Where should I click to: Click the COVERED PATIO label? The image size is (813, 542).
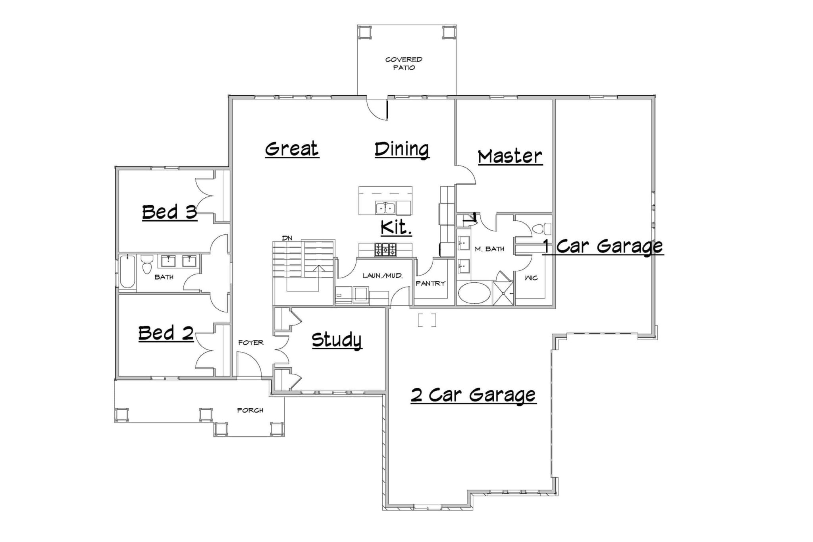click(x=404, y=64)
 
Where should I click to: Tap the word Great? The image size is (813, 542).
click(x=292, y=149)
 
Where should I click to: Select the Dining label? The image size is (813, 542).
click(x=402, y=150)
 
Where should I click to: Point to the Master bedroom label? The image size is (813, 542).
click(x=510, y=156)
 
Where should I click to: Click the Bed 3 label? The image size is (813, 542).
click(x=170, y=212)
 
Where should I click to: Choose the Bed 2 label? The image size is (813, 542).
click(x=166, y=333)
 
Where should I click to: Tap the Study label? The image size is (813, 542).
click(x=337, y=340)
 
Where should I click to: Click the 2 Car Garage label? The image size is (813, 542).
click(x=473, y=395)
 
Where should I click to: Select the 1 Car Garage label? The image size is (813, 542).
click(x=603, y=247)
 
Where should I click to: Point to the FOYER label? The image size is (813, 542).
click(x=250, y=342)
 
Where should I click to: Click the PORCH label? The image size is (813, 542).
click(x=250, y=410)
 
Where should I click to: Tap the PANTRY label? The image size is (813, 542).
click(x=430, y=284)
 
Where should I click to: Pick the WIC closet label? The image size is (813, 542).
click(x=531, y=278)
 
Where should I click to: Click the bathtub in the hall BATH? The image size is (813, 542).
click(x=127, y=272)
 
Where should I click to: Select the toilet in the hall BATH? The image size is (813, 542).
click(x=147, y=264)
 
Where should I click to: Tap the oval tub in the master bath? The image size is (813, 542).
click(x=474, y=293)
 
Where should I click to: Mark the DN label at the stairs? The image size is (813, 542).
click(x=287, y=238)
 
